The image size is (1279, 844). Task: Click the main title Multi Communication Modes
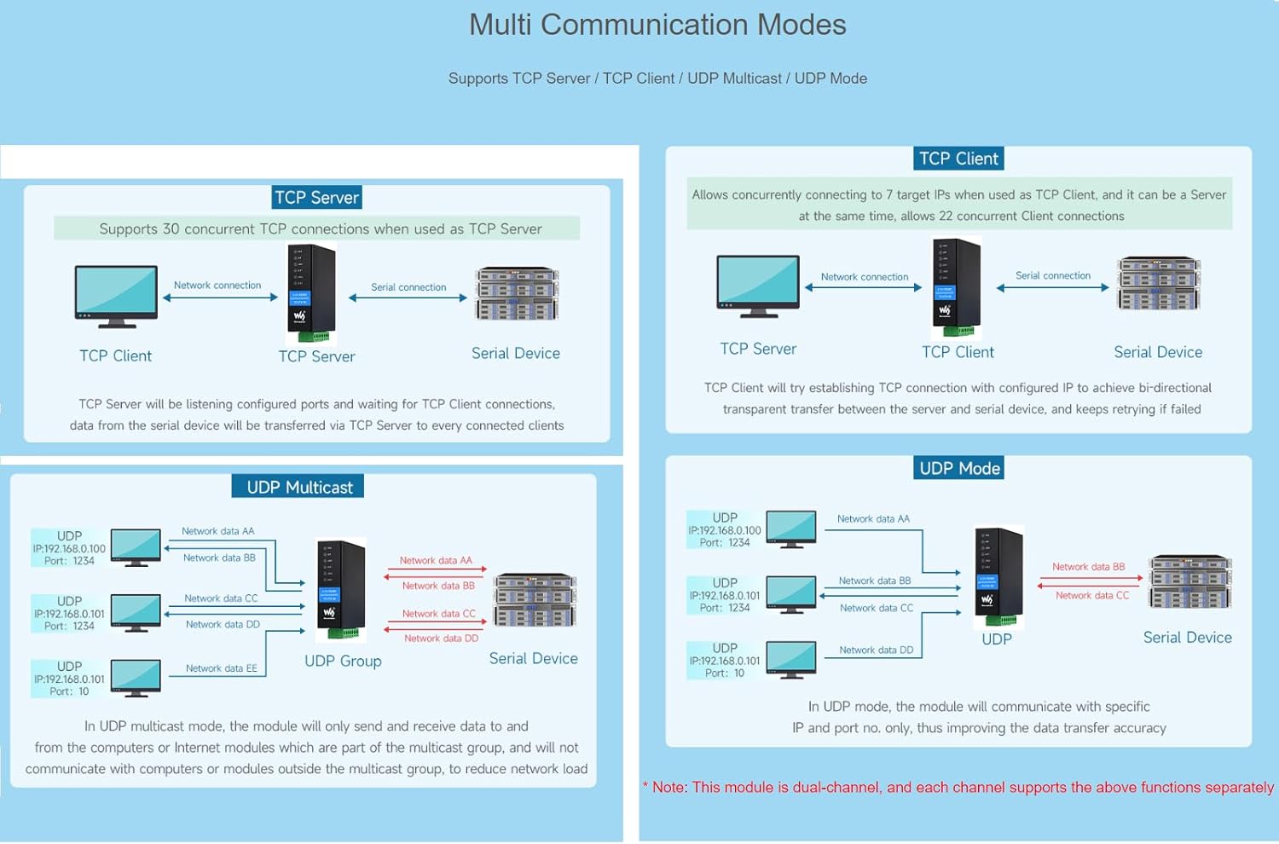pos(657,25)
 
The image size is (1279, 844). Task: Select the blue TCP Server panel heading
pos(316,198)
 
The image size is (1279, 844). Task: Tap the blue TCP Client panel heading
pos(958,159)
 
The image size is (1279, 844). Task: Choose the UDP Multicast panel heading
pos(298,487)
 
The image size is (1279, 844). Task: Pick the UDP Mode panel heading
pos(959,468)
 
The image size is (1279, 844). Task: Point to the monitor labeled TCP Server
pos(758,286)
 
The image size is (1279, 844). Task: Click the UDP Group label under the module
pos(343,661)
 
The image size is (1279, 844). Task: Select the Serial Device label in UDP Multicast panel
pos(533,658)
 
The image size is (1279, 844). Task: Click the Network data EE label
pos(221,668)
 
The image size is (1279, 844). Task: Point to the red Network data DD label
pos(441,638)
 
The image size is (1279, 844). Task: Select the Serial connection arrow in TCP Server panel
pos(408,298)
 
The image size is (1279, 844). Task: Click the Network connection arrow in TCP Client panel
pos(863,287)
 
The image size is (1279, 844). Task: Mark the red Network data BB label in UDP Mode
pos(1088,567)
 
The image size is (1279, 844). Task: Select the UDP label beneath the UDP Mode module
pos(996,639)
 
